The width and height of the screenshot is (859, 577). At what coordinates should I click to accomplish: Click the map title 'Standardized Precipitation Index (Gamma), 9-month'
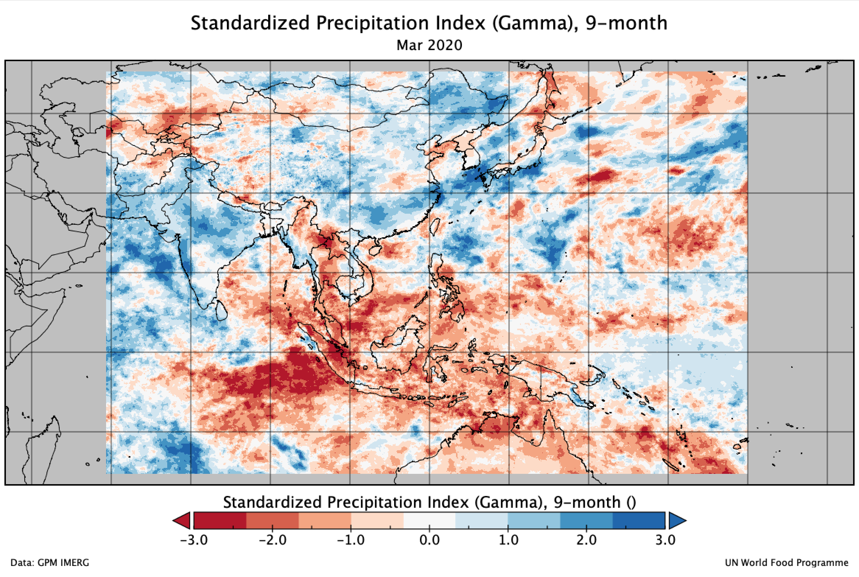tap(429, 23)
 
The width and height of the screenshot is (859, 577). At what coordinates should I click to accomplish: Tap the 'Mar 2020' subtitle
tap(429, 45)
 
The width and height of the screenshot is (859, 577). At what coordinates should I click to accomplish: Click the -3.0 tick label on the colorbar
tap(194, 540)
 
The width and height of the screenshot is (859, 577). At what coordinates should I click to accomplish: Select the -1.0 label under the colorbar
tap(351, 540)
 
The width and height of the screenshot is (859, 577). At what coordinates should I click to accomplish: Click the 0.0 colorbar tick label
tap(429, 540)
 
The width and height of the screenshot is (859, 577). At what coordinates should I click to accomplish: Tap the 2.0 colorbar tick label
tap(586, 540)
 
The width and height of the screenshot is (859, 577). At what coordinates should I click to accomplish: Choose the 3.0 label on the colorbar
tap(665, 540)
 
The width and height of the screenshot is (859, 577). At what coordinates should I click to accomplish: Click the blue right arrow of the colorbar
tap(676, 520)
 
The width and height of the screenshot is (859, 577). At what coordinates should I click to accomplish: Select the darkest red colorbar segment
tap(220, 520)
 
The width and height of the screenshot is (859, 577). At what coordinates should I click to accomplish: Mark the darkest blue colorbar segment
tap(639, 520)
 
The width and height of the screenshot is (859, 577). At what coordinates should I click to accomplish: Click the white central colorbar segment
tap(429, 520)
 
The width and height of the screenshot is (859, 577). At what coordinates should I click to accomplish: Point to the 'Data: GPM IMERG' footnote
tap(50, 563)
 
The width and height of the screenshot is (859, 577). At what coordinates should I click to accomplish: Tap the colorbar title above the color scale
tap(429, 502)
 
